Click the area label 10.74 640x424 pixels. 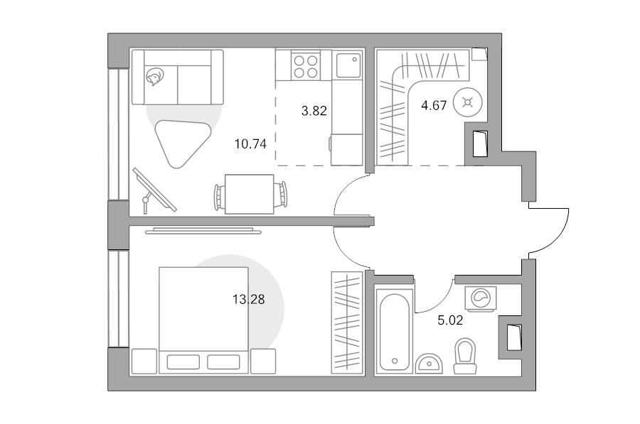[x=250, y=144]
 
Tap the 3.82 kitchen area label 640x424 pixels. [x=314, y=111]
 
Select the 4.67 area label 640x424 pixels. [x=434, y=106]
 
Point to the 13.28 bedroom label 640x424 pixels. [x=249, y=300]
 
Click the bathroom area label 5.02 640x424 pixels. [x=450, y=320]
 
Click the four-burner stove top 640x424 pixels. [x=306, y=67]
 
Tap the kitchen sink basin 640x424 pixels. [x=348, y=65]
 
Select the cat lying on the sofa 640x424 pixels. [x=154, y=76]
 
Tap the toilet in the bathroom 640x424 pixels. [x=465, y=356]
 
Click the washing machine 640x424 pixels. [x=481, y=298]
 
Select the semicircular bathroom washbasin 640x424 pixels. [x=429, y=364]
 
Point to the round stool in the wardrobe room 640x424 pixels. [x=468, y=103]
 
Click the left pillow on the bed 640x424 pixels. [x=183, y=362]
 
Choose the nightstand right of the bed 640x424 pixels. [x=263, y=362]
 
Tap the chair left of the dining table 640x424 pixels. [x=219, y=197]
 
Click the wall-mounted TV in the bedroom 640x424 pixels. [x=203, y=232]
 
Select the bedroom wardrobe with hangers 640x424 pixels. [x=347, y=322]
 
